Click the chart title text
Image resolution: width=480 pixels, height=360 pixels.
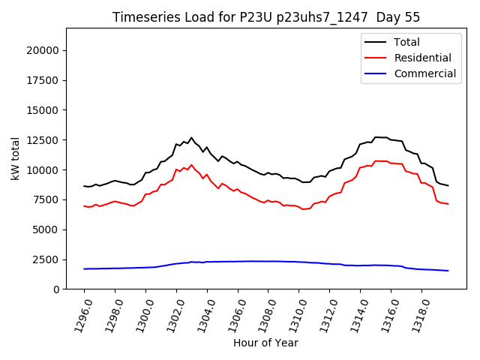pos(266,17)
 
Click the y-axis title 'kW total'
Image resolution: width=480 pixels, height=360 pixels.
pos(16,158)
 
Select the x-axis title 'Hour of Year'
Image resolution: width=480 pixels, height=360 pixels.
pos(265,343)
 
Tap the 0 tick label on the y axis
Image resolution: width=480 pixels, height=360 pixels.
pos(57,289)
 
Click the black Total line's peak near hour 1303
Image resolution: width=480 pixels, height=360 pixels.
pos(191,138)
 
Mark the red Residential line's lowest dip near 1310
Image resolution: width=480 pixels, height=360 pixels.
pos(303,209)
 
